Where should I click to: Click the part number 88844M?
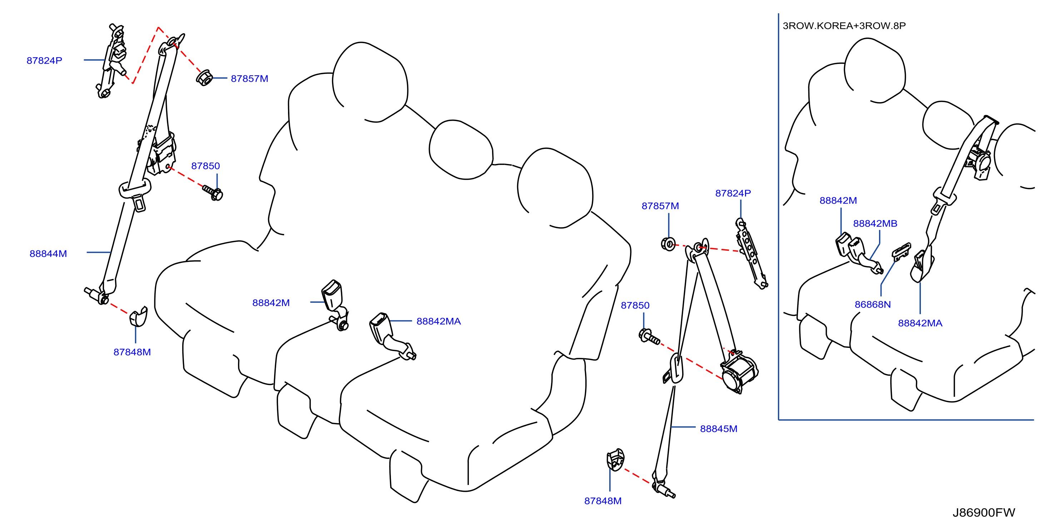click(48, 254)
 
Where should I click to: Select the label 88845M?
click(719, 429)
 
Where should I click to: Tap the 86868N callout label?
click(873, 304)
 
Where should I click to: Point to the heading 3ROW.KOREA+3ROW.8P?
click(844, 26)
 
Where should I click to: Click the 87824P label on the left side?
click(45, 61)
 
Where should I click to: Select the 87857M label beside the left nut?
click(249, 78)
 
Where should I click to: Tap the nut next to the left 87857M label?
click(204, 78)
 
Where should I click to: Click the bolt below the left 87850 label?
click(213, 192)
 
